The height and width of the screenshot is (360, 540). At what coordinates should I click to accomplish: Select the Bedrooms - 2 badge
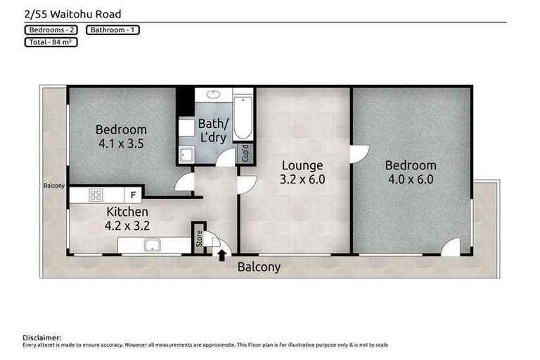point(53,30)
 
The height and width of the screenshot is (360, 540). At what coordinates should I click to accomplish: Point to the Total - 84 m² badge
point(50,42)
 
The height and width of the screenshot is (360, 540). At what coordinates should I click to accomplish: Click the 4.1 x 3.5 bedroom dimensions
point(121,143)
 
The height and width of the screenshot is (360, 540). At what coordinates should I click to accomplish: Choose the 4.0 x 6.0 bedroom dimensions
point(411,179)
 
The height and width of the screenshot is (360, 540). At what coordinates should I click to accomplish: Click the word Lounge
point(302,165)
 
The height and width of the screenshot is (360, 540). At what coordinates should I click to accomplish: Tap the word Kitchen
point(127,212)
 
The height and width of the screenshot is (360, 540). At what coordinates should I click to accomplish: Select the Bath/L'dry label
point(212,131)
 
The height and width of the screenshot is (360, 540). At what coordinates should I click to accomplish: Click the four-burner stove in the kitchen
point(96,195)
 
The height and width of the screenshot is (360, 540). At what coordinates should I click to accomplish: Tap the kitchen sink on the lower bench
point(152,245)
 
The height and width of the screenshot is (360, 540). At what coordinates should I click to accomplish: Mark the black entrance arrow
point(222,255)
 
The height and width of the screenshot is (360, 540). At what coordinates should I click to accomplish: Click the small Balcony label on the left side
point(53,186)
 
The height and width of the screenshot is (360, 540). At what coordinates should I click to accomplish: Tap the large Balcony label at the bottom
point(259,267)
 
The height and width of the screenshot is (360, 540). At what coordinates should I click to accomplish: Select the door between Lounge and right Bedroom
point(358,154)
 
